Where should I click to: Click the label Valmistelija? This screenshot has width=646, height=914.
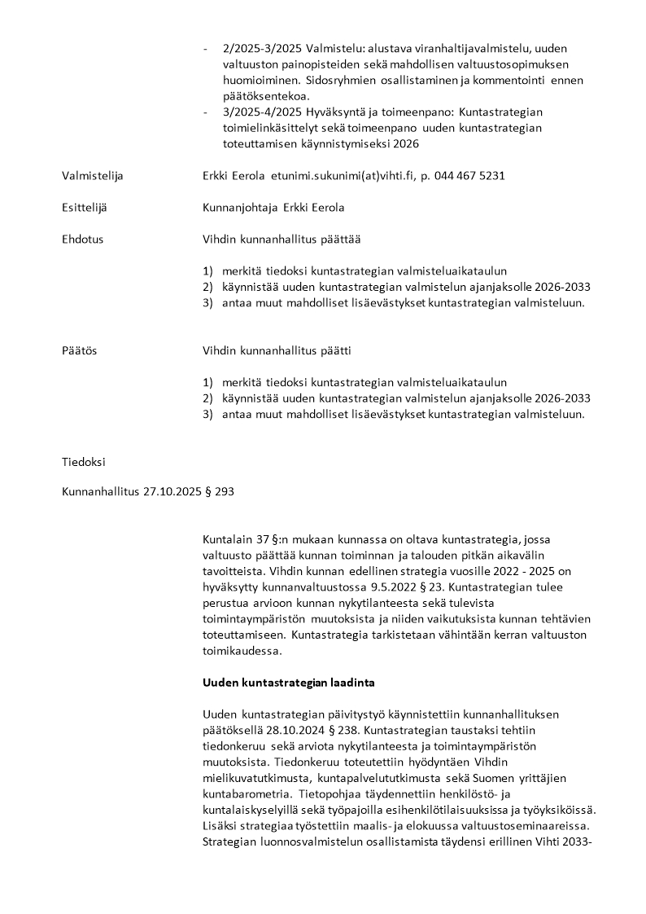[x=93, y=175]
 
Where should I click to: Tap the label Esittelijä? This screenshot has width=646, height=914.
[x=85, y=208]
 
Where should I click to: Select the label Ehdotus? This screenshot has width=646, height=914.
[x=83, y=239]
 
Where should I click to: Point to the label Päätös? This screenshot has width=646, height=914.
[x=80, y=350]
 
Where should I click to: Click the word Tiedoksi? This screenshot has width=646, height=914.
[x=84, y=462]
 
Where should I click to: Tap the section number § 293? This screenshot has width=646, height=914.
[x=220, y=492]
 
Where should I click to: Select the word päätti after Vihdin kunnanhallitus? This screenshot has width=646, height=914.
[x=339, y=350]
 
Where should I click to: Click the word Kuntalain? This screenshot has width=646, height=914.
[x=225, y=538]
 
